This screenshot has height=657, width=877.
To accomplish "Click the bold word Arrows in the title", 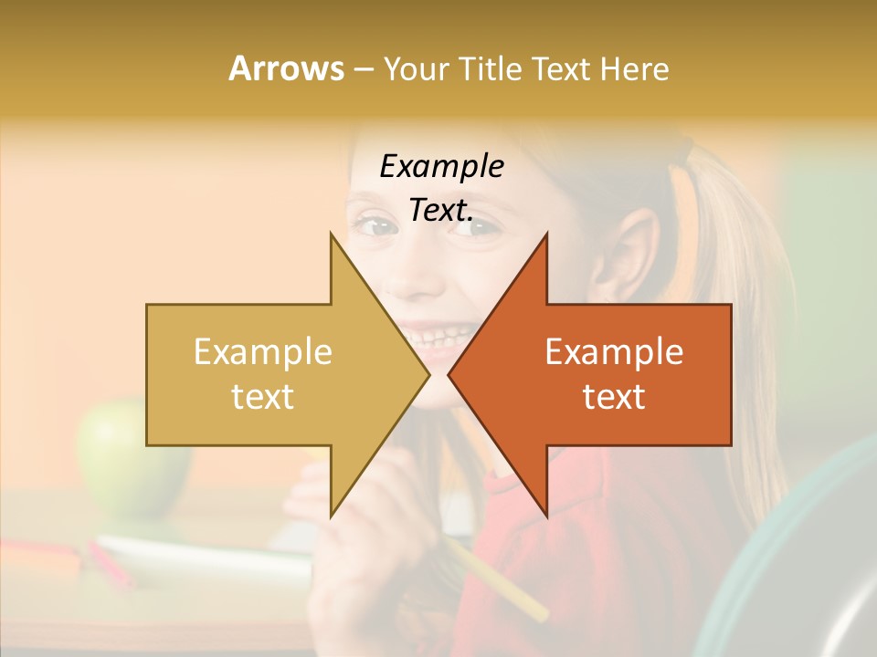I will click(x=286, y=68).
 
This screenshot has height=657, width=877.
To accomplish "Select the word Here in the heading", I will click(x=634, y=68).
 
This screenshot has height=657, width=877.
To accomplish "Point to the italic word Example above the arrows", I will click(x=442, y=167).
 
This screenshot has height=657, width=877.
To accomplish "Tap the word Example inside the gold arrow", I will click(x=263, y=352).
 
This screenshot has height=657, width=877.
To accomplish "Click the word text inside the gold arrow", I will click(x=263, y=396).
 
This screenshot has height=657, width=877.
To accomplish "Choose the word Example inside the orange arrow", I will click(x=614, y=352).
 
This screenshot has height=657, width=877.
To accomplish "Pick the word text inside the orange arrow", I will click(x=614, y=396).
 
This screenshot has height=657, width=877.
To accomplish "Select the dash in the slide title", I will click(x=363, y=69).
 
